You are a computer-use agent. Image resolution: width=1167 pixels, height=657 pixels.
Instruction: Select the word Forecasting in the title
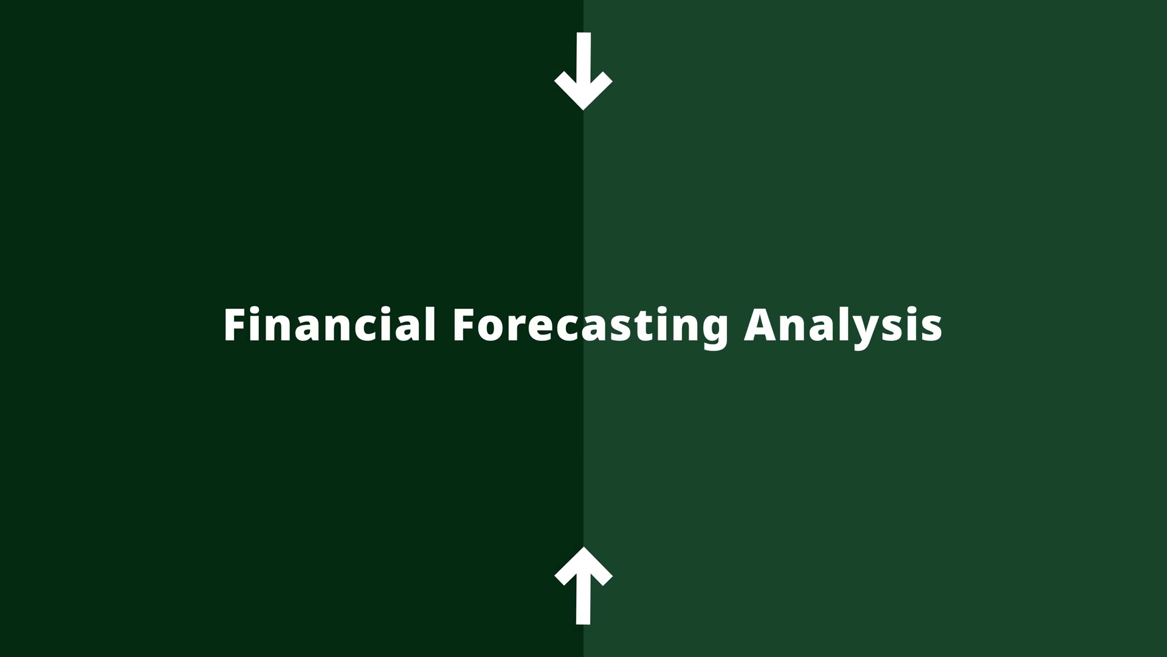pos(590,328)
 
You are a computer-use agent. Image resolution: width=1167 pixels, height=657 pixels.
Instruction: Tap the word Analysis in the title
pos(843,328)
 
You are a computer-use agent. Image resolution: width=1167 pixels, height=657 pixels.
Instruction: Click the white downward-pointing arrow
pos(583,71)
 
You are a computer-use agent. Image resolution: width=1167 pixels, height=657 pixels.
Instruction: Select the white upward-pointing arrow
pos(583,585)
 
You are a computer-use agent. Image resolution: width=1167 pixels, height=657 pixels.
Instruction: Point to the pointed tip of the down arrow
pos(583,110)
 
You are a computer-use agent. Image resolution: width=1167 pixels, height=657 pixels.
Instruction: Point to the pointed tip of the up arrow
pos(583,547)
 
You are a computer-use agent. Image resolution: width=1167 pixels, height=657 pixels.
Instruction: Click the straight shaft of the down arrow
pos(583,61)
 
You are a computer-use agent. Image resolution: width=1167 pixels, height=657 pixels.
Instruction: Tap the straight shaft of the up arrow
pos(583,596)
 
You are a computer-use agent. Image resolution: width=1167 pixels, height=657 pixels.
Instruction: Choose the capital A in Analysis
pos(760,325)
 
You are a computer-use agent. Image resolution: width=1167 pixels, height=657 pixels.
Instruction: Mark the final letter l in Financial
pos(430,324)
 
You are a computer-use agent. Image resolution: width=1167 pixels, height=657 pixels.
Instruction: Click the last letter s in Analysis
pos(931,329)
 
